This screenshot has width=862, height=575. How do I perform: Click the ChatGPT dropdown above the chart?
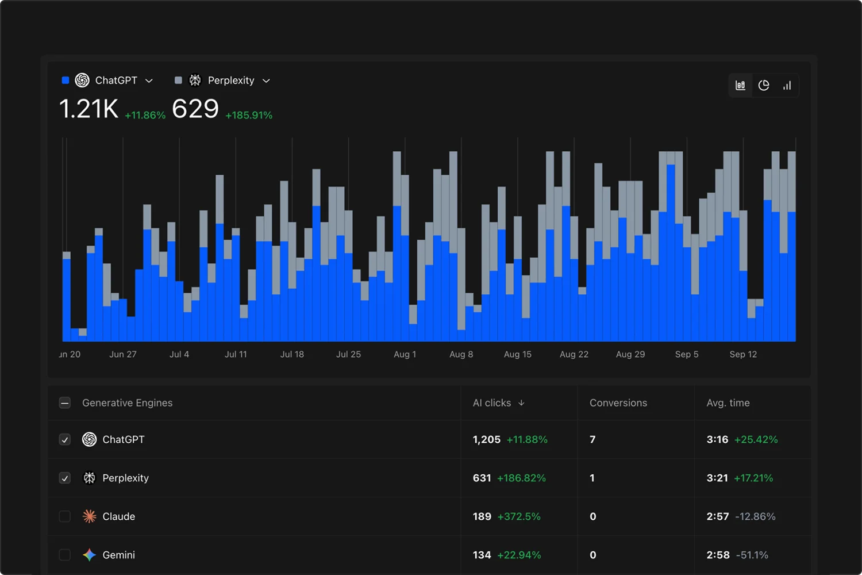pyautogui.click(x=115, y=80)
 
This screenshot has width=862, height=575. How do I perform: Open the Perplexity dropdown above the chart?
pyautogui.click(x=230, y=80)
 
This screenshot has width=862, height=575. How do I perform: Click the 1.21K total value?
pyautogui.click(x=88, y=109)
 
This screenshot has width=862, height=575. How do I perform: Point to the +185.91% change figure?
pyautogui.click(x=249, y=115)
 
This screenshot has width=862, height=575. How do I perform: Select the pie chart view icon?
pyautogui.click(x=764, y=85)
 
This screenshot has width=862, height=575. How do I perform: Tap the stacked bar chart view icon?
pyautogui.click(x=740, y=85)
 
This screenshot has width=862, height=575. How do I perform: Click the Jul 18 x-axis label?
pyautogui.click(x=292, y=354)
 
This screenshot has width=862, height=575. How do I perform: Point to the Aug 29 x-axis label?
pyautogui.click(x=630, y=354)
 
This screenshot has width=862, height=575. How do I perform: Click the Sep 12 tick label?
pyautogui.click(x=743, y=354)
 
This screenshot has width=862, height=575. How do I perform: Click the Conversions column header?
pyautogui.click(x=618, y=403)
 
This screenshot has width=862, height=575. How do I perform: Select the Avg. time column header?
pyautogui.click(x=728, y=403)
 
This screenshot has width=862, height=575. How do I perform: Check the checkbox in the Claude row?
pyautogui.click(x=65, y=516)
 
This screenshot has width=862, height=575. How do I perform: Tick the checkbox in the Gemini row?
pyautogui.click(x=65, y=555)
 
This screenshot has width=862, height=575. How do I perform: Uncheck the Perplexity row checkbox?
pyautogui.click(x=65, y=478)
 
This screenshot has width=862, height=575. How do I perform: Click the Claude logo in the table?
pyautogui.click(x=89, y=516)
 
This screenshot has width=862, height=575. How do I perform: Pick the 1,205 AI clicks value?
pyautogui.click(x=487, y=439)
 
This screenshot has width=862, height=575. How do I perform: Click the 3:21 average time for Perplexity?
pyautogui.click(x=717, y=478)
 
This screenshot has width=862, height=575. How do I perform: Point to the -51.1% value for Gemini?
pyautogui.click(x=752, y=555)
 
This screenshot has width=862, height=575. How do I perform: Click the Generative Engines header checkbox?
pyautogui.click(x=65, y=403)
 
